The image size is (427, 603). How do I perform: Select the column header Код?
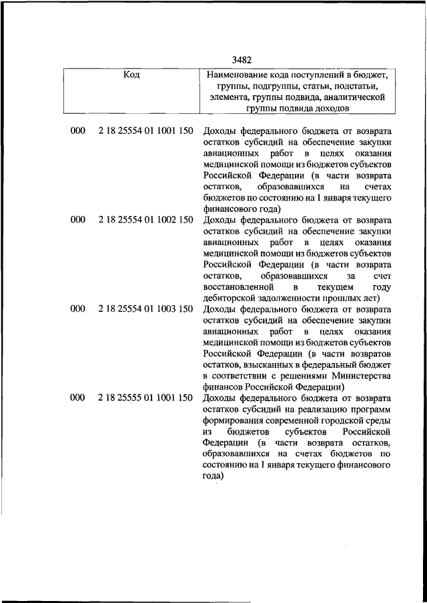131,75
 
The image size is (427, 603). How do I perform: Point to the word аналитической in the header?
354,97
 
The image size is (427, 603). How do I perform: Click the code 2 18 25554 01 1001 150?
145,131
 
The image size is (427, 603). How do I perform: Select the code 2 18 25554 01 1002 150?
145,219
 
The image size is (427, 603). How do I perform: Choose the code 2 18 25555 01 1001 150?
145,398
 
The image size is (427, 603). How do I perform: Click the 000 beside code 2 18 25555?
77,398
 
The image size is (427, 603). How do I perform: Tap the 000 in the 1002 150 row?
77,219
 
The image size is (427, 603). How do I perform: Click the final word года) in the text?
213,476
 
